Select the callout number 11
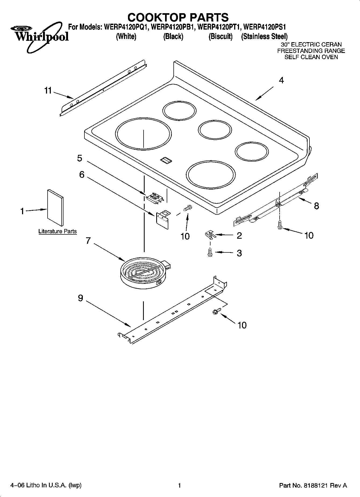click(x=48, y=91)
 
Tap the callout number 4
click(x=281, y=80)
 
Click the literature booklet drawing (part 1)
click(x=56, y=208)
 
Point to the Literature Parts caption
click(x=58, y=231)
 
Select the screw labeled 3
click(x=210, y=252)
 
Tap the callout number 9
click(x=81, y=298)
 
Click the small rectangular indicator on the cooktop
click(x=166, y=160)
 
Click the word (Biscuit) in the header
click(x=221, y=37)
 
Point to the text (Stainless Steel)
click(x=264, y=37)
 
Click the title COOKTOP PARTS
click(x=178, y=17)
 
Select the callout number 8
click(x=316, y=206)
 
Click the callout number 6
click(x=81, y=175)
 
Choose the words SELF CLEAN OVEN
click(x=311, y=57)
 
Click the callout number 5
click(x=80, y=158)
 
